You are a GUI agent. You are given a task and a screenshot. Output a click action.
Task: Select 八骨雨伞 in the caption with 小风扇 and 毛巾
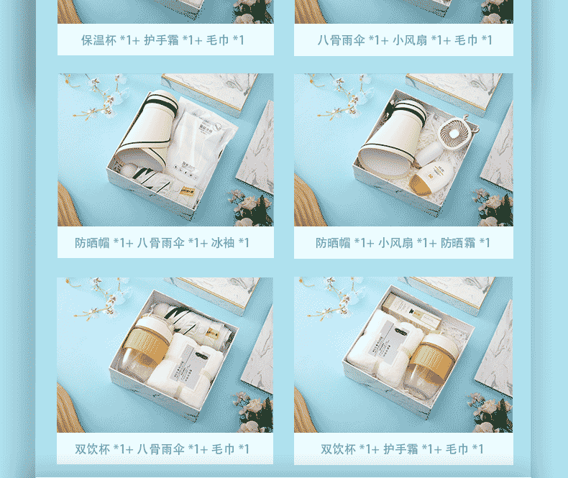[x=342, y=40]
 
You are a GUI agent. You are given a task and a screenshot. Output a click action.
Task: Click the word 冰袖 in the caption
[x=223, y=243]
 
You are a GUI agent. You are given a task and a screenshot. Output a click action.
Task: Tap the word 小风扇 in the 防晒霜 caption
[x=395, y=243]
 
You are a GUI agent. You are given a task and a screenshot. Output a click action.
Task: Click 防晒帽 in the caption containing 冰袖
[x=92, y=243]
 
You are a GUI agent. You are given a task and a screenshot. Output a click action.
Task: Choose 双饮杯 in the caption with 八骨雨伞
[x=92, y=449]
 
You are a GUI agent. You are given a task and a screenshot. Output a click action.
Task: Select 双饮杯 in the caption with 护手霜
[x=339, y=449]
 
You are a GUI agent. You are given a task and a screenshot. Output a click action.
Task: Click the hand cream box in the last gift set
[x=413, y=311]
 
